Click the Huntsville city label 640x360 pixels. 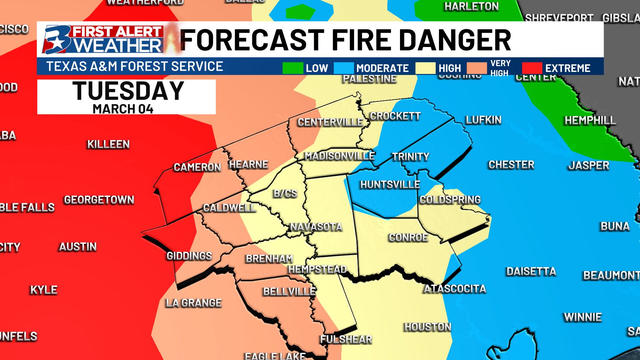pos(390,184)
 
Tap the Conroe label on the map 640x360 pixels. pos(408,237)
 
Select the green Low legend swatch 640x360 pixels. pos(292,68)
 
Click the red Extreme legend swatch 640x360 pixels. pos(532,68)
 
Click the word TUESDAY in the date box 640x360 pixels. pos(128,91)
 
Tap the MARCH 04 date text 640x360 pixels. pos(123,109)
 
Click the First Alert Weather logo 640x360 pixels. pos(103,40)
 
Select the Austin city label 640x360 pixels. pos(78,247)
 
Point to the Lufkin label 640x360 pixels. pos(483,120)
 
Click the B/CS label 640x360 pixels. pos(285,193)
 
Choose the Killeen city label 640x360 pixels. pos(108,144)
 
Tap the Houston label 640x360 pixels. pos(427,327)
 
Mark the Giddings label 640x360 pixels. pos(189,256)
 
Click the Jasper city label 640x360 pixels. pos(589,165)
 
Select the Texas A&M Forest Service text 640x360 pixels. pos(135,66)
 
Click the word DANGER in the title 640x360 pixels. pos(455,40)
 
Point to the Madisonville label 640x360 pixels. pos(339,156)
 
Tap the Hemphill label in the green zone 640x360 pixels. pos(590,120)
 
